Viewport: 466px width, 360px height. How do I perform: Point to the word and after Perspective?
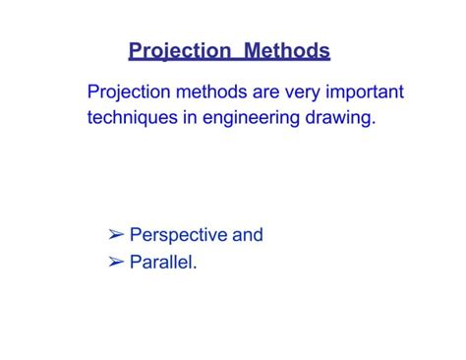[248, 235]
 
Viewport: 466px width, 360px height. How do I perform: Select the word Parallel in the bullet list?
[161, 262]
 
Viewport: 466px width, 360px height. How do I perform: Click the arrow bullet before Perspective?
[116, 235]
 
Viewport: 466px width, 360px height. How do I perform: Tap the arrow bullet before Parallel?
[116, 262]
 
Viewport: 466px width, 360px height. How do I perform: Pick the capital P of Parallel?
[136, 262]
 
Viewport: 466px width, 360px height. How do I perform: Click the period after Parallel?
[196, 267]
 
